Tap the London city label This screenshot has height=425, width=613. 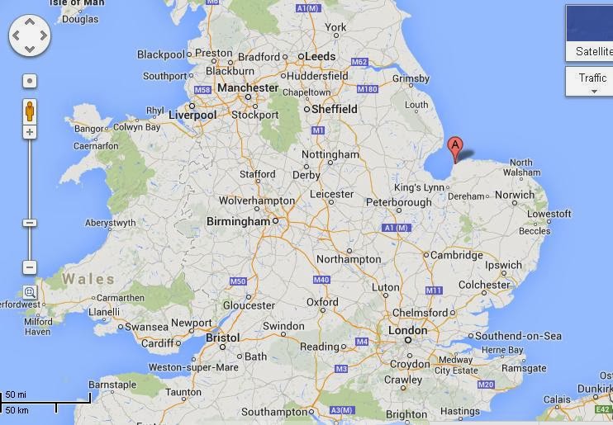408,331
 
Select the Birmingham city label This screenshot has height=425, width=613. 237,221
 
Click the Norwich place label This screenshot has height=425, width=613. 515,196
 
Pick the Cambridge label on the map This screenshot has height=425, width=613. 456,255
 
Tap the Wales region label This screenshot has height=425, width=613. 88,280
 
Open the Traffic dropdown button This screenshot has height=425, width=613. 592,82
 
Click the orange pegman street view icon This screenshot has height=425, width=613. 30,110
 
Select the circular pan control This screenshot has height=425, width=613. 30,36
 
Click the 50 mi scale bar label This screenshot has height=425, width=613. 17,394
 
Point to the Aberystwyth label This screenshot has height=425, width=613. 111,223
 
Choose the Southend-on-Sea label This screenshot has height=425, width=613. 518,336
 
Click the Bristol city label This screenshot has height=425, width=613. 222,338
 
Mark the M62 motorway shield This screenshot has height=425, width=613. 359,62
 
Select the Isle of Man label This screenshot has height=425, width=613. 77,3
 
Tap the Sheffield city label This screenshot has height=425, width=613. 335,109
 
